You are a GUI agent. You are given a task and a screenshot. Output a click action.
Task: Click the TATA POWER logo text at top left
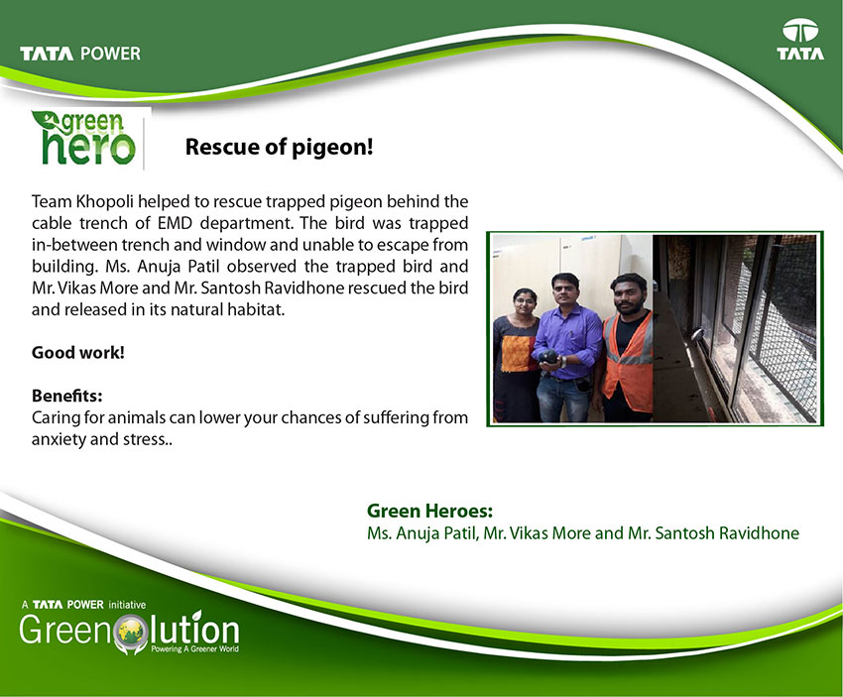(80, 54)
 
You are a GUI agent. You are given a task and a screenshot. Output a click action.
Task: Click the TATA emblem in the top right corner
(800, 39)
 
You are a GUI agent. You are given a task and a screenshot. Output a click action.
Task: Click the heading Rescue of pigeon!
(279, 147)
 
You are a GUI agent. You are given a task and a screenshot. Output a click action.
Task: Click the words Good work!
(78, 353)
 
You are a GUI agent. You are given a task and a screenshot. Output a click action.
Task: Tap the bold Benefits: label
(67, 396)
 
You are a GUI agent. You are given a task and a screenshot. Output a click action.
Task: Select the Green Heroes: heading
(429, 511)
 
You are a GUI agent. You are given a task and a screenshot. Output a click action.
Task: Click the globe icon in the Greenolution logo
(131, 633)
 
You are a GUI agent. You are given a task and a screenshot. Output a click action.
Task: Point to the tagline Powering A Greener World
(194, 648)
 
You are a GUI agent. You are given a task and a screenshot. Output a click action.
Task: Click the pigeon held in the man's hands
(547, 357)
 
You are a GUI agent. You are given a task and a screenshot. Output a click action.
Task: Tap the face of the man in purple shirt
(565, 291)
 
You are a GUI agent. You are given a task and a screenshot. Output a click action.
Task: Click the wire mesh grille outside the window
(783, 328)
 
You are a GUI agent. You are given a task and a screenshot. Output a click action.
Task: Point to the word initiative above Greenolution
(127, 605)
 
